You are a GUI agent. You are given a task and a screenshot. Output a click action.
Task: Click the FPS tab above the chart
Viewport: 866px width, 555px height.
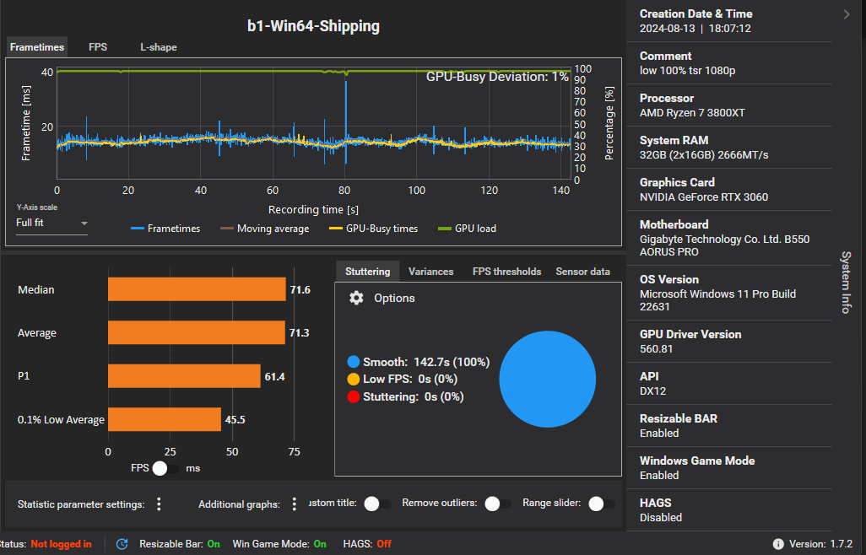pos(98,47)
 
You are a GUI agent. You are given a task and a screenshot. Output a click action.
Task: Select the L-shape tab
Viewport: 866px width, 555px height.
pos(159,47)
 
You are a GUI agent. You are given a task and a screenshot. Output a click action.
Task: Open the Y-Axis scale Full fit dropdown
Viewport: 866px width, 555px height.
pos(51,224)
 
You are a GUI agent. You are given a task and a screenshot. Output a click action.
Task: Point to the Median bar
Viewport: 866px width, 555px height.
pos(197,289)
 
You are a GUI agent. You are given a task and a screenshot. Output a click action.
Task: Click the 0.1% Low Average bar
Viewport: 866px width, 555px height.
pos(165,419)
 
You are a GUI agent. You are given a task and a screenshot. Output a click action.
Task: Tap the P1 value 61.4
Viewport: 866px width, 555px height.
pos(274,376)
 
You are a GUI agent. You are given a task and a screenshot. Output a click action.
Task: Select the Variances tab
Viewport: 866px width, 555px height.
pos(430,272)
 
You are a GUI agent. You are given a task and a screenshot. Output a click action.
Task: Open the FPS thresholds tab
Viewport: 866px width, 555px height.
pos(506,272)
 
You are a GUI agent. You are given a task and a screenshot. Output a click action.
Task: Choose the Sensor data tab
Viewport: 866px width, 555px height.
pos(582,272)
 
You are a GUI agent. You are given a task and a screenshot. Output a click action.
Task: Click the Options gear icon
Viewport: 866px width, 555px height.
pos(356,298)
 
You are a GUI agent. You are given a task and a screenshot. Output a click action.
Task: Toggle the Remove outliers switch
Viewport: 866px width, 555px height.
pos(498,504)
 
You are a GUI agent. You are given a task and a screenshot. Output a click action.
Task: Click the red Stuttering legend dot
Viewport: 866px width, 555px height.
pos(354,396)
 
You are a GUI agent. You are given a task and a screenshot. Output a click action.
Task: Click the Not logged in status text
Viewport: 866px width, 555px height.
pos(61,544)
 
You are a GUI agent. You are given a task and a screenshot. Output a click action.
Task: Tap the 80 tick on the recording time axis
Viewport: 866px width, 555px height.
pos(344,190)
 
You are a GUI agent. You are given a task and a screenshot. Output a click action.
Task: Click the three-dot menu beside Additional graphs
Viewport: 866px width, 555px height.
pos(294,504)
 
